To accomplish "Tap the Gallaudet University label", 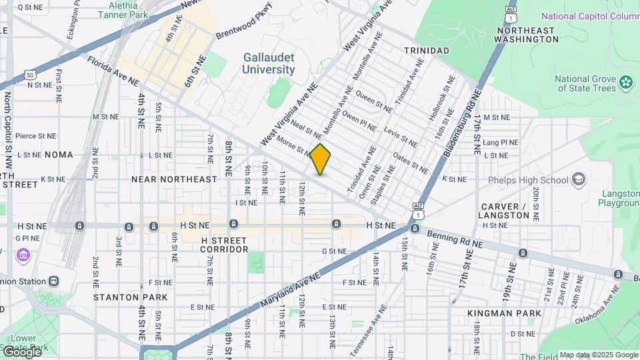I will coord(269,64).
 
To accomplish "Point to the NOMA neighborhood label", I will coord(59,155).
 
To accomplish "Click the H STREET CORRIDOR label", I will coord(225,244).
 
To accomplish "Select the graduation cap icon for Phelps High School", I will coord(579,180).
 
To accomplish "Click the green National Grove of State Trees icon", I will coord(625,82).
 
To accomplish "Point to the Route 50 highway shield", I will coord(29,75).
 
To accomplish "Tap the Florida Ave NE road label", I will coord(114,71).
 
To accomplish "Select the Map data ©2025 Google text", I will coord(598,355).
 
